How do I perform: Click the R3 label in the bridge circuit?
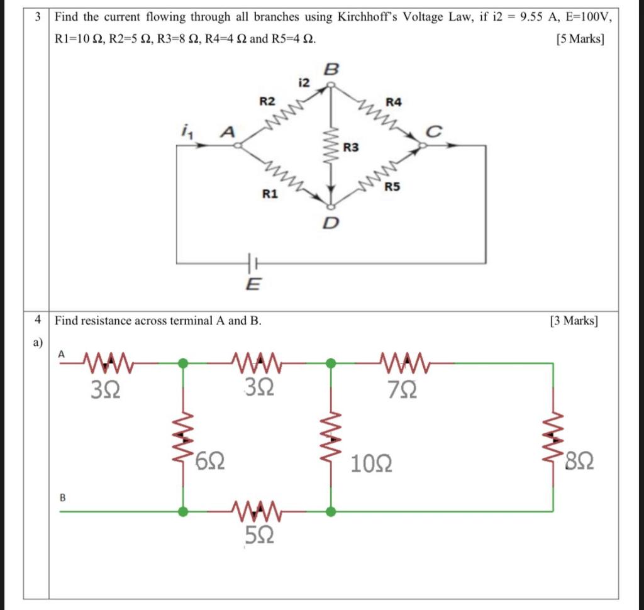tap(351, 148)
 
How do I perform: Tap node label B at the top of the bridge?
tap(331, 70)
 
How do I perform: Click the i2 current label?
tap(304, 82)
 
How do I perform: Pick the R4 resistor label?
tap(394, 101)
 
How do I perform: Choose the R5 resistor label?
tap(392, 186)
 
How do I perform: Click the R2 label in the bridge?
tap(267, 101)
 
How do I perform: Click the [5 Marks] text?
tap(580, 40)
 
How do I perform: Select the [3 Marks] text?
tap(574, 321)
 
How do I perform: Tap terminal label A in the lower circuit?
tap(61, 354)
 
